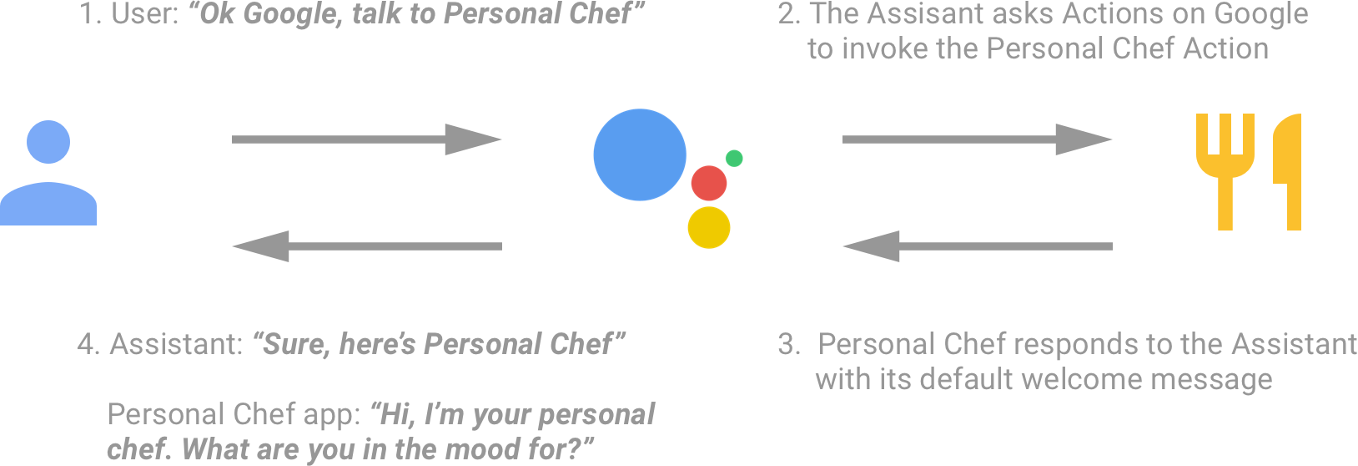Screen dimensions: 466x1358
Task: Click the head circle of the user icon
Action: (48, 141)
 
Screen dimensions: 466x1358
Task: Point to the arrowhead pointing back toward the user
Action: (264, 245)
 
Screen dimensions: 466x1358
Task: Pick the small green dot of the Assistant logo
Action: (735, 158)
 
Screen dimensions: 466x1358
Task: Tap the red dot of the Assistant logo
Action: (708, 183)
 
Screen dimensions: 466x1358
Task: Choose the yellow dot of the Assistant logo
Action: (709, 227)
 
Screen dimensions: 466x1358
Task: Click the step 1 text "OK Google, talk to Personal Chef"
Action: (359, 14)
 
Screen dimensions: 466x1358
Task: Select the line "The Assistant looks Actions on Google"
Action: (1043, 14)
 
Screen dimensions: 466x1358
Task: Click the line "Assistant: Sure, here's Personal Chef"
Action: (350, 343)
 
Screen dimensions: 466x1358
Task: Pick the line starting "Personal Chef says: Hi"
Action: (380, 414)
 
